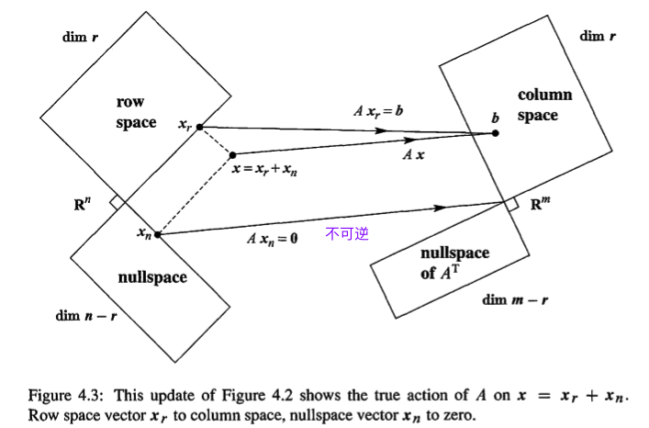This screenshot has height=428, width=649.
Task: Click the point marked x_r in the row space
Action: tap(200, 126)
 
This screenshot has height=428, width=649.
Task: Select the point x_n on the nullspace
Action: tap(158, 234)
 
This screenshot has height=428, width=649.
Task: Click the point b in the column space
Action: tap(496, 133)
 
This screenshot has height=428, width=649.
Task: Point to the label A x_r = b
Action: tap(378, 111)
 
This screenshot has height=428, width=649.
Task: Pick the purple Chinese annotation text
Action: tap(346, 234)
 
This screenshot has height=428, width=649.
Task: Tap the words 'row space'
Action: tap(132, 111)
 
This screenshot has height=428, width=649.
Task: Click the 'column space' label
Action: tap(543, 105)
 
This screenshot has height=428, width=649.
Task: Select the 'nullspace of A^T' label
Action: tap(453, 263)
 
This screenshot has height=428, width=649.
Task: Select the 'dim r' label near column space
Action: tap(598, 36)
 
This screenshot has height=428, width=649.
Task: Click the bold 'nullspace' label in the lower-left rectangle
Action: tap(151, 276)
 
